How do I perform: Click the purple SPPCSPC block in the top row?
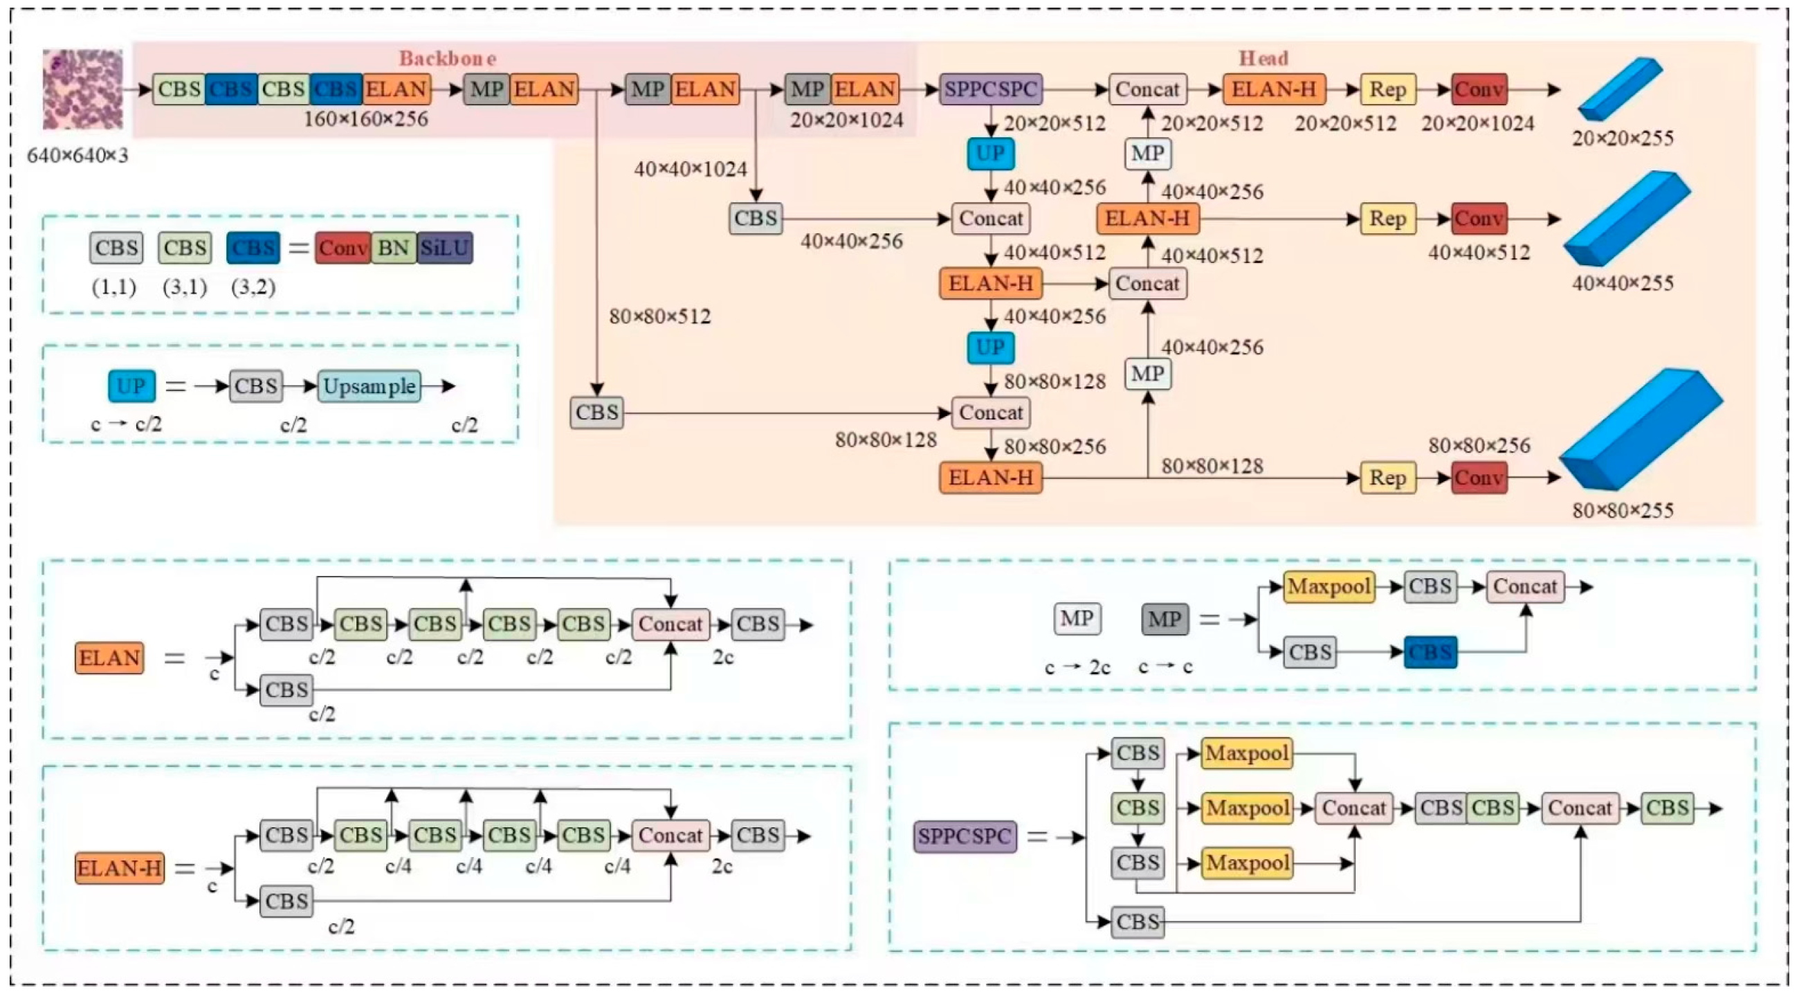click(990, 89)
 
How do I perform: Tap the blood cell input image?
click(82, 89)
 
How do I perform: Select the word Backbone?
click(448, 58)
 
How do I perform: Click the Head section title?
click(1263, 58)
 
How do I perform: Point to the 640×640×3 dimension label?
click(77, 155)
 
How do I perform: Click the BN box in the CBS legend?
click(393, 248)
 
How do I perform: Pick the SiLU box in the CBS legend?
click(445, 248)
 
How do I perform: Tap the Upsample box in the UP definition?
click(369, 386)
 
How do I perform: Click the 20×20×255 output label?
click(1623, 138)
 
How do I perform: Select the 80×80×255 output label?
click(1623, 511)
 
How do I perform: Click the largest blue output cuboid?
click(1641, 430)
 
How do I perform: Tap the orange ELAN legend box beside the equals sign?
click(109, 658)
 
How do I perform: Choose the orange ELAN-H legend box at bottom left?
click(120, 868)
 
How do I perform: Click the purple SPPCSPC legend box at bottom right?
click(965, 836)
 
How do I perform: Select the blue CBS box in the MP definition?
click(1430, 652)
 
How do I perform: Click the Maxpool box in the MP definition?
click(1328, 587)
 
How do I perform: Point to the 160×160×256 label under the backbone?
click(365, 119)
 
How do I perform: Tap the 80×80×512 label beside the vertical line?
click(660, 316)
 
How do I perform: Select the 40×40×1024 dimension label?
click(690, 169)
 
